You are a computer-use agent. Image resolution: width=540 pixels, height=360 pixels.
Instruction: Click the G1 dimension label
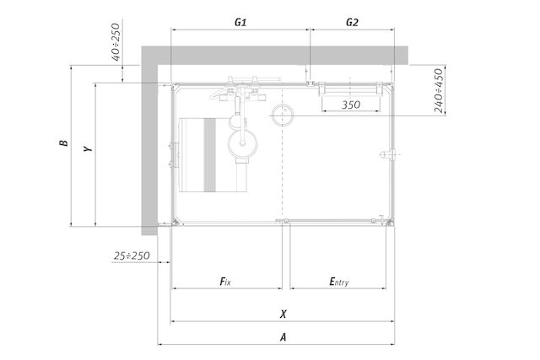click(240, 23)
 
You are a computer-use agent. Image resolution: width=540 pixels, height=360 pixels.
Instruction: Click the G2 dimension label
click(352, 23)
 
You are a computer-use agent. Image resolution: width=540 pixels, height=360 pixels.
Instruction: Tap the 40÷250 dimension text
click(116, 42)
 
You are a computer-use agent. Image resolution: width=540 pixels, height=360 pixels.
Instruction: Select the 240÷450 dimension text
click(439, 90)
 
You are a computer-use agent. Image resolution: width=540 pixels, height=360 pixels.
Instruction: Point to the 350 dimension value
click(351, 105)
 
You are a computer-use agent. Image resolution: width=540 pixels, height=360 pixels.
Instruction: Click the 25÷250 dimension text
click(132, 255)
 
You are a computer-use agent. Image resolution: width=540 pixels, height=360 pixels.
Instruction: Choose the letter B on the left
click(64, 142)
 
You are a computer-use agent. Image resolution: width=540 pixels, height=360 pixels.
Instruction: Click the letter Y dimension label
click(88, 148)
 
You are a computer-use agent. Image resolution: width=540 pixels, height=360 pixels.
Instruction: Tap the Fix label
click(225, 282)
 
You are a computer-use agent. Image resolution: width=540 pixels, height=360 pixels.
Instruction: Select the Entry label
click(339, 282)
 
